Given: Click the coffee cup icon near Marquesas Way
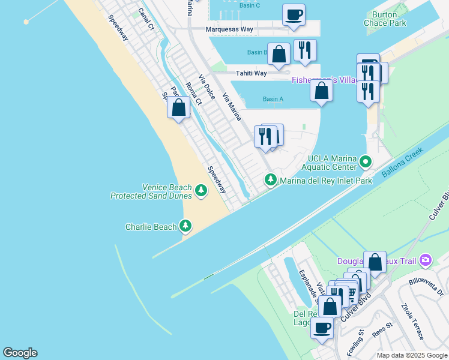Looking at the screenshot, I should click(294, 14).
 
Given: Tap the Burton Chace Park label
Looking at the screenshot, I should click(385, 19).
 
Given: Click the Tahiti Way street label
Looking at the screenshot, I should click(252, 73).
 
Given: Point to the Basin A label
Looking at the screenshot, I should click(273, 99).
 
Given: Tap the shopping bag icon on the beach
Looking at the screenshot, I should click(178, 107).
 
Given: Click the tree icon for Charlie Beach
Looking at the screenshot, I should click(186, 226).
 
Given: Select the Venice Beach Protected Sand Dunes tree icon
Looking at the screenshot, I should click(201, 191).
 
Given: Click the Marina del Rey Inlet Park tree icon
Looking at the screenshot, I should click(271, 180).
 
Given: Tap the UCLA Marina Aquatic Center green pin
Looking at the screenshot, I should click(366, 161).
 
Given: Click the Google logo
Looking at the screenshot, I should click(20, 353).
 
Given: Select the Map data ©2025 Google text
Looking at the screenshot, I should click(411, 355).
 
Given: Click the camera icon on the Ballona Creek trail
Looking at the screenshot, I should click(426, 259).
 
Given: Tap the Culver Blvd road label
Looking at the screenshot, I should click(356, 308).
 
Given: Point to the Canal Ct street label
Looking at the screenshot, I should click(146, 19).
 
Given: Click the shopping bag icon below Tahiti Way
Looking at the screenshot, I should click(322, 91).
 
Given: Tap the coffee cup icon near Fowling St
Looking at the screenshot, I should click(322, 328).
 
